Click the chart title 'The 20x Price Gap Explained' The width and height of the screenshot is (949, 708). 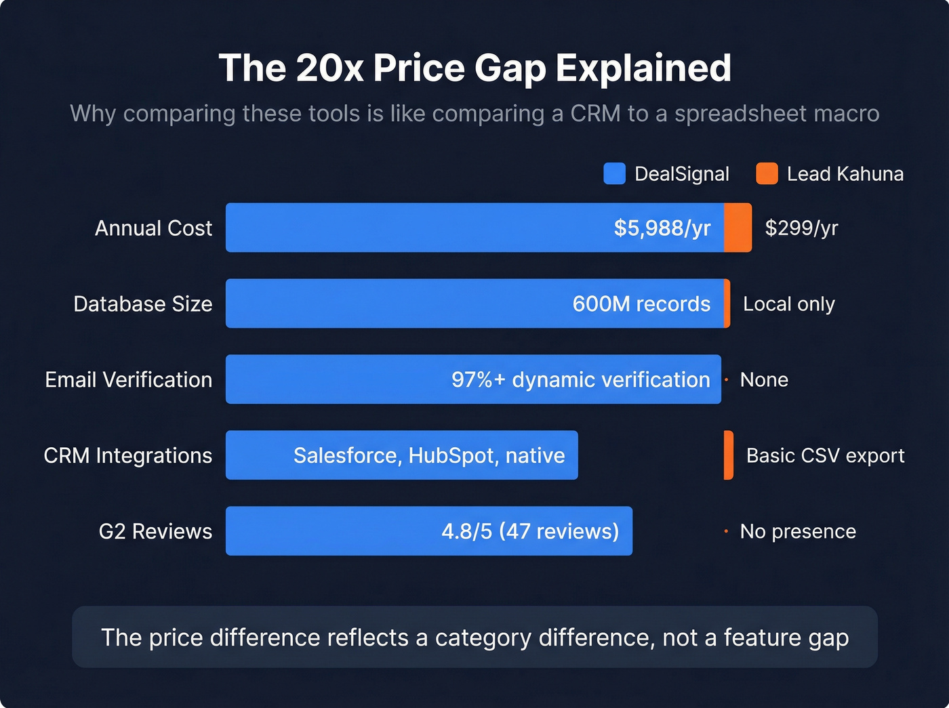point(474,68)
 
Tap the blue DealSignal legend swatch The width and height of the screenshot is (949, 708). point(614,173)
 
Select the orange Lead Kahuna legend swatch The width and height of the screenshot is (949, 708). point(767,173)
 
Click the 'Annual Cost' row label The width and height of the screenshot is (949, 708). point(153,228)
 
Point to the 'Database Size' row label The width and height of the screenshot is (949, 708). point(142,304)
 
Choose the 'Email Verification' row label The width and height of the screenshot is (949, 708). point(128,380)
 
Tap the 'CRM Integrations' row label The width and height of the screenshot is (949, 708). point(127,456)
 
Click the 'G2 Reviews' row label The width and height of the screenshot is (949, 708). point(155,532)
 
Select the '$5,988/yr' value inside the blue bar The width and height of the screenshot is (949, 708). point(662,228)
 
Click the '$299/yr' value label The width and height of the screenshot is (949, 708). point(801,228)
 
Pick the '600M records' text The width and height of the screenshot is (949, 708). point(641,304)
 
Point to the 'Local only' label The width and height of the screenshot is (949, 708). point(788,304)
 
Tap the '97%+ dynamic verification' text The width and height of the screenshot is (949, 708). point(580,380)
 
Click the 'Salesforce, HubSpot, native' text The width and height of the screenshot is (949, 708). point(428,456)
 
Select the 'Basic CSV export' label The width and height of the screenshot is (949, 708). point(825,456)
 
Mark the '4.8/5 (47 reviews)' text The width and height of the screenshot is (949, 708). point(530,532)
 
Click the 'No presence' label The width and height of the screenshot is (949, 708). point(797,532)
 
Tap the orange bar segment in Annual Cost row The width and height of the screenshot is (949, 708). point(738,228)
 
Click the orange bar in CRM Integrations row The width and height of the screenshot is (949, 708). point(729,455)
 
